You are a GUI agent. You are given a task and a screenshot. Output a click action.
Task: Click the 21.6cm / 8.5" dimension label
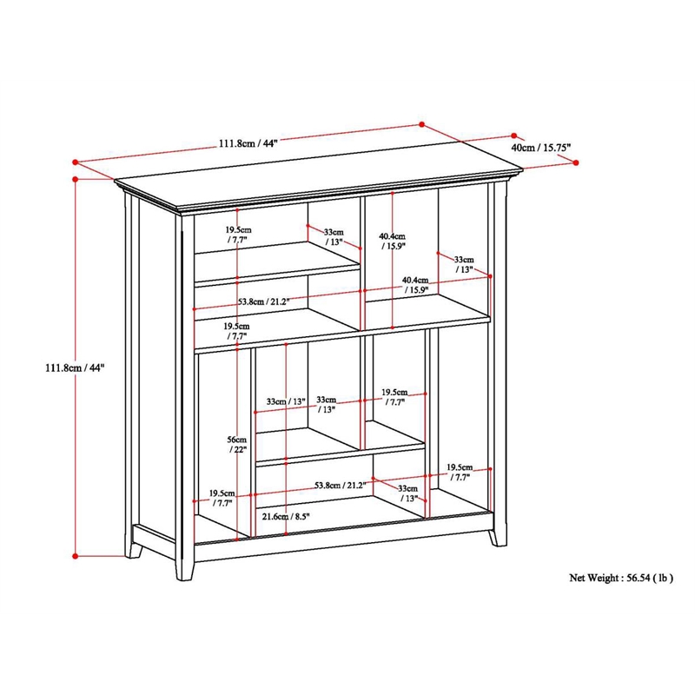point(286,516)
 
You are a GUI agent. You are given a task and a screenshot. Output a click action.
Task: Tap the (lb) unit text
point(665,577)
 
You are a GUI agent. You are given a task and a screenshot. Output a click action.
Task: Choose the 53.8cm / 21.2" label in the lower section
point(340,485)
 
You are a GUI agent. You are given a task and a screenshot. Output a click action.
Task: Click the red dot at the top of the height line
point(76,179)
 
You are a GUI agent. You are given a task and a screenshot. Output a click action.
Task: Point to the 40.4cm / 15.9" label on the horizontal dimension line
point(415,285)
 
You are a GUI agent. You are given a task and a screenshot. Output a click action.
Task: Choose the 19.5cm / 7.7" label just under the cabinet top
point(238,233)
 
